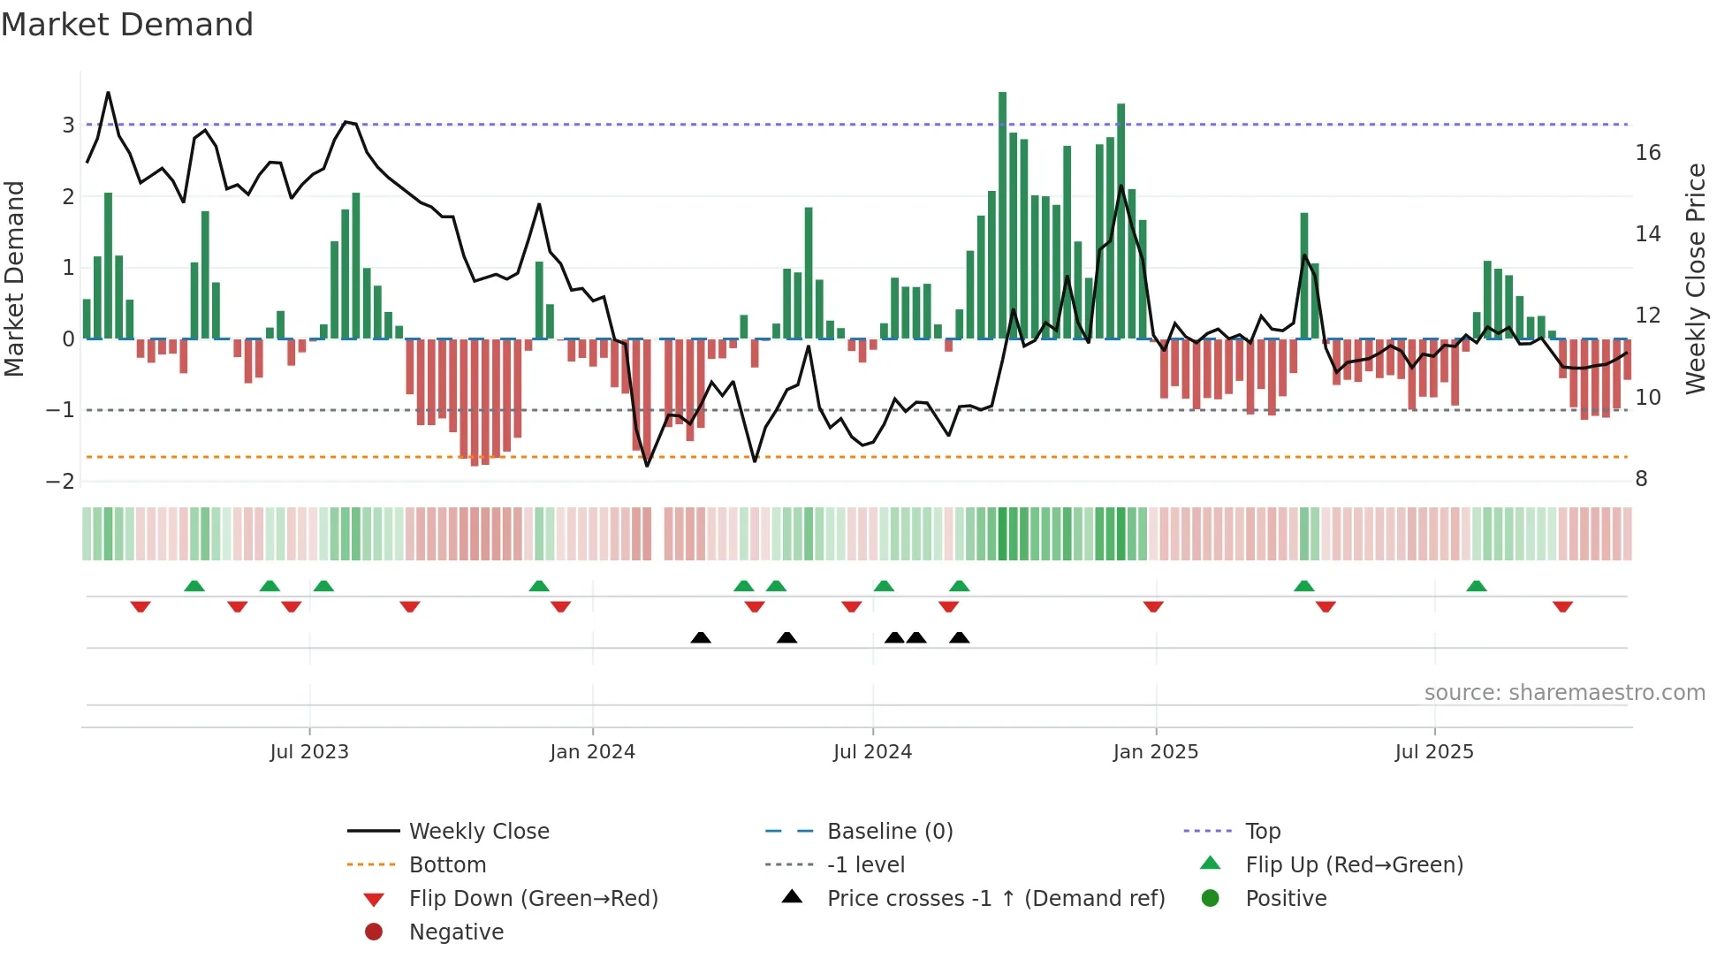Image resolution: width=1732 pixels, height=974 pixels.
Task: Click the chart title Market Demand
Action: pyautogui.click(x=127, y=25)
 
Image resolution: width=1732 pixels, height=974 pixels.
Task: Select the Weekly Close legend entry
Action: pyautogui.click(x=478, y=831)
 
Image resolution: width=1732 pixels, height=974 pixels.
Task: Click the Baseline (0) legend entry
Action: pyautogui.click(x=889, y=831)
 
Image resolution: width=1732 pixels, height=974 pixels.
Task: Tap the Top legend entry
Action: pyautogui.click(x=1262, y=831)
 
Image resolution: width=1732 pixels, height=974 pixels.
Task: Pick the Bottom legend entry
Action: pyautogui.click(x=447, y=864)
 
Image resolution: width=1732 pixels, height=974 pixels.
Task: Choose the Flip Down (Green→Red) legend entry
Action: pyautogui.click(x=533, y=898)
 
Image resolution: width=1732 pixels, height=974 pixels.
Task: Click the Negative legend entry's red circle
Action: pyautogui.click(x=374, y=932)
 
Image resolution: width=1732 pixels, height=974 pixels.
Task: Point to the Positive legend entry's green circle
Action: pyautogui.click(x=1211, y=898)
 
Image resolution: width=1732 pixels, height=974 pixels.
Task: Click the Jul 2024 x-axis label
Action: pyautogui.click(x=872, y=751)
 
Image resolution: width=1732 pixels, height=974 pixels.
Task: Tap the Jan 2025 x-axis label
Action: pyautogui.click(x=1155, y=751)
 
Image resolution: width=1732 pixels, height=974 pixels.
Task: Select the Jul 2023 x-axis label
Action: pyautogui.click(x=309, y=751)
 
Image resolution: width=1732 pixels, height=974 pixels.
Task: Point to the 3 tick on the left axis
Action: pyautogui.click(x=68, y=125)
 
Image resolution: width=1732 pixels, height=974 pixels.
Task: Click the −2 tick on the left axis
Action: pyautogui.click(x=61, y=481)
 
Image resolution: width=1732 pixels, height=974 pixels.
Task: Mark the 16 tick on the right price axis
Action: pyautogui.click(x=1647, y=153)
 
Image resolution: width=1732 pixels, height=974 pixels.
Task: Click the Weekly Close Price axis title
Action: pyautogui.click(x=1695, y=278)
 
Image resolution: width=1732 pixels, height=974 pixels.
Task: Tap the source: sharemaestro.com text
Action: pyautogui.click(x=1564, y=692)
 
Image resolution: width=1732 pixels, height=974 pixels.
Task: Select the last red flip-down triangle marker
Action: pyautogui.click(x=1562, y=606)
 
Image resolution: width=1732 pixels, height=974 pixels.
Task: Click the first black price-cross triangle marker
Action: pyautogui.click(x=701, y=637)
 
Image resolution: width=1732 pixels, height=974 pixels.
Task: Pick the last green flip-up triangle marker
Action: pyautogui.click(x=1476, y=586)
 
